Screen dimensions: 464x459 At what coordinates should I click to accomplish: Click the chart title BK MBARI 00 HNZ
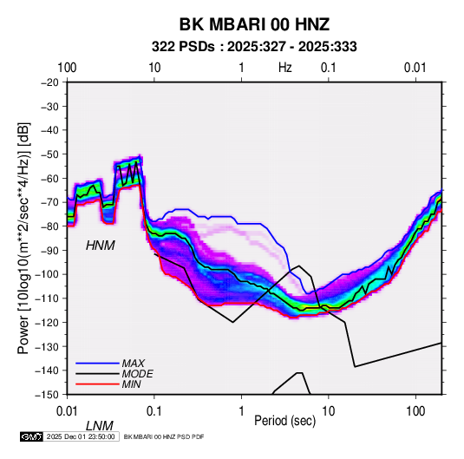[254, 24]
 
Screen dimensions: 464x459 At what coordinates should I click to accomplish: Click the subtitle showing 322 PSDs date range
[254, 47]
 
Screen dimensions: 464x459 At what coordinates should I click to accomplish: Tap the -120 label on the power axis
[46, 322]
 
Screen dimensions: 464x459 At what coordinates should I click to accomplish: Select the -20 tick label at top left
[49, 82]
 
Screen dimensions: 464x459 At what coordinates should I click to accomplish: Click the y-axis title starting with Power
[23, 238]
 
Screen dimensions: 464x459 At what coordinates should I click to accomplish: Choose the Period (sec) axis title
[284, 420]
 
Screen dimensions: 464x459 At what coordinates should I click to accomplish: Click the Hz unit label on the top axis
[285, 68]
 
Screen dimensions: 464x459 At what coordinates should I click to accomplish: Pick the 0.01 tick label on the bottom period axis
[67, 411]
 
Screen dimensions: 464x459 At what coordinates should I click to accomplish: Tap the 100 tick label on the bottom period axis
[415, 411]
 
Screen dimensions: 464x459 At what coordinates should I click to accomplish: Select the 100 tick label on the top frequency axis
[67, 68]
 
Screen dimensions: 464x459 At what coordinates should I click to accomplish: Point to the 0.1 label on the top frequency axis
[329, 68]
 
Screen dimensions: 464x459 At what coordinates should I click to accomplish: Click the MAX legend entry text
[134, 364]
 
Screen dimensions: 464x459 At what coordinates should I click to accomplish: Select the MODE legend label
[137, 374]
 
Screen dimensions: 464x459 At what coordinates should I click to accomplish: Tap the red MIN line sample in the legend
[97, 384]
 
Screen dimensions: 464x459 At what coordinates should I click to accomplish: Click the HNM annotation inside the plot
[101, 246]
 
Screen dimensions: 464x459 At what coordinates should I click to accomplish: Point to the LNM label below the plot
[100, 426]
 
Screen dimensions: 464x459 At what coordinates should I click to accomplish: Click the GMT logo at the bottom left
[32, 436]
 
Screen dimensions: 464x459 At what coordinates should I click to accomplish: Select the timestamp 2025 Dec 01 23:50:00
[81, 436]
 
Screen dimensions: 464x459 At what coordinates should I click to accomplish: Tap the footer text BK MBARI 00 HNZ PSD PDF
[164, 436]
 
